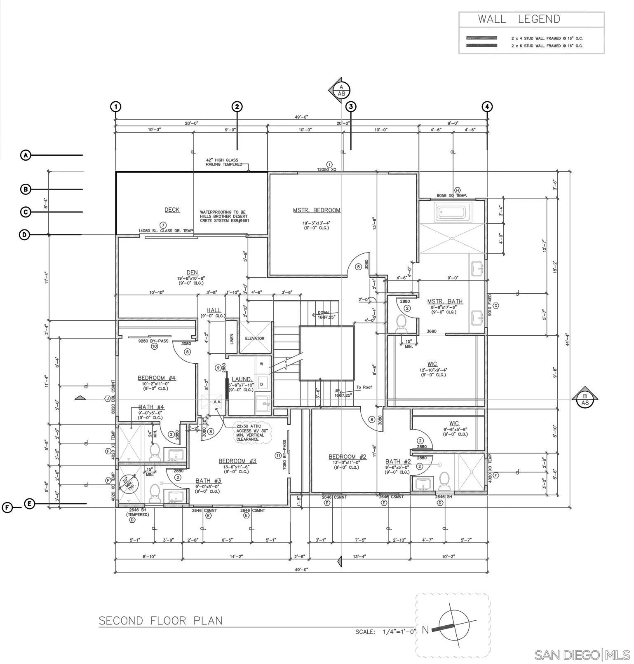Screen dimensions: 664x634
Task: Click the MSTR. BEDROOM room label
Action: click(317, 210)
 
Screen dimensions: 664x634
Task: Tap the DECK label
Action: click(172, 210)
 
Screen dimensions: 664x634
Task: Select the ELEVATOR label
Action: click(254, 338)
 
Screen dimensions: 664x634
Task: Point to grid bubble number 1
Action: click(116, 107)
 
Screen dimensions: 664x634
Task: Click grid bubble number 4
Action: click(487, 107)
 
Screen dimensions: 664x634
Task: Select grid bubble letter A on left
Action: click(26, 155)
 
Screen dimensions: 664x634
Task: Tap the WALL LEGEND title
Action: click(519, 19)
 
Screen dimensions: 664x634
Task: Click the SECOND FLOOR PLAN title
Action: click(160, 621)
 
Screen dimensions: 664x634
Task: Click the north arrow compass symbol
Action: click(453, 625)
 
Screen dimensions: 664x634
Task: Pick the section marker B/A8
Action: click(585, 399)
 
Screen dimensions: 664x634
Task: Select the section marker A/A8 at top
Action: click(341, 90)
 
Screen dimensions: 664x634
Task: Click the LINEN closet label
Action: click(232, 339)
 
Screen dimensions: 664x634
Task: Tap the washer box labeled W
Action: click(261, 364)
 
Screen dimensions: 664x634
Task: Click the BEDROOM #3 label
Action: click(237, 461)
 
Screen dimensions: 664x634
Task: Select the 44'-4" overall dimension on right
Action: click(568, 339)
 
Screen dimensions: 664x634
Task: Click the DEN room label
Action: click(192, 272)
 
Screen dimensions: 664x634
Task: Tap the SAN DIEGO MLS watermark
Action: click(582, 655)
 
